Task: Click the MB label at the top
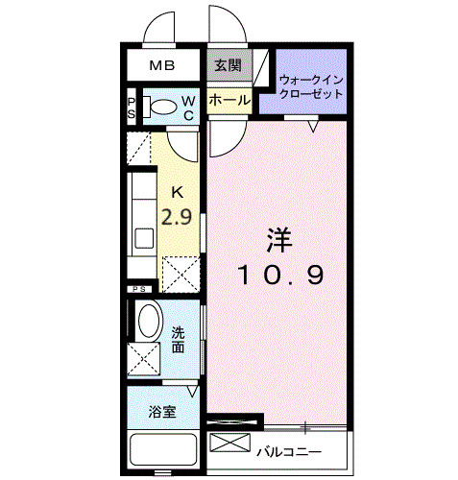click(x=161, y=66)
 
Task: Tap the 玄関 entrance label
click(x=228, y=66)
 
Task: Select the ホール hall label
click(x=229, y=100)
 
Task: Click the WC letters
click(x=189, y=108)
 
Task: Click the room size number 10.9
click(x=280, y=275)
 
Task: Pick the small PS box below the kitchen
click(x=139, y=288)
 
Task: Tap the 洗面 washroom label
click(x=179, y=340)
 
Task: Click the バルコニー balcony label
click(x=288, y=450)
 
